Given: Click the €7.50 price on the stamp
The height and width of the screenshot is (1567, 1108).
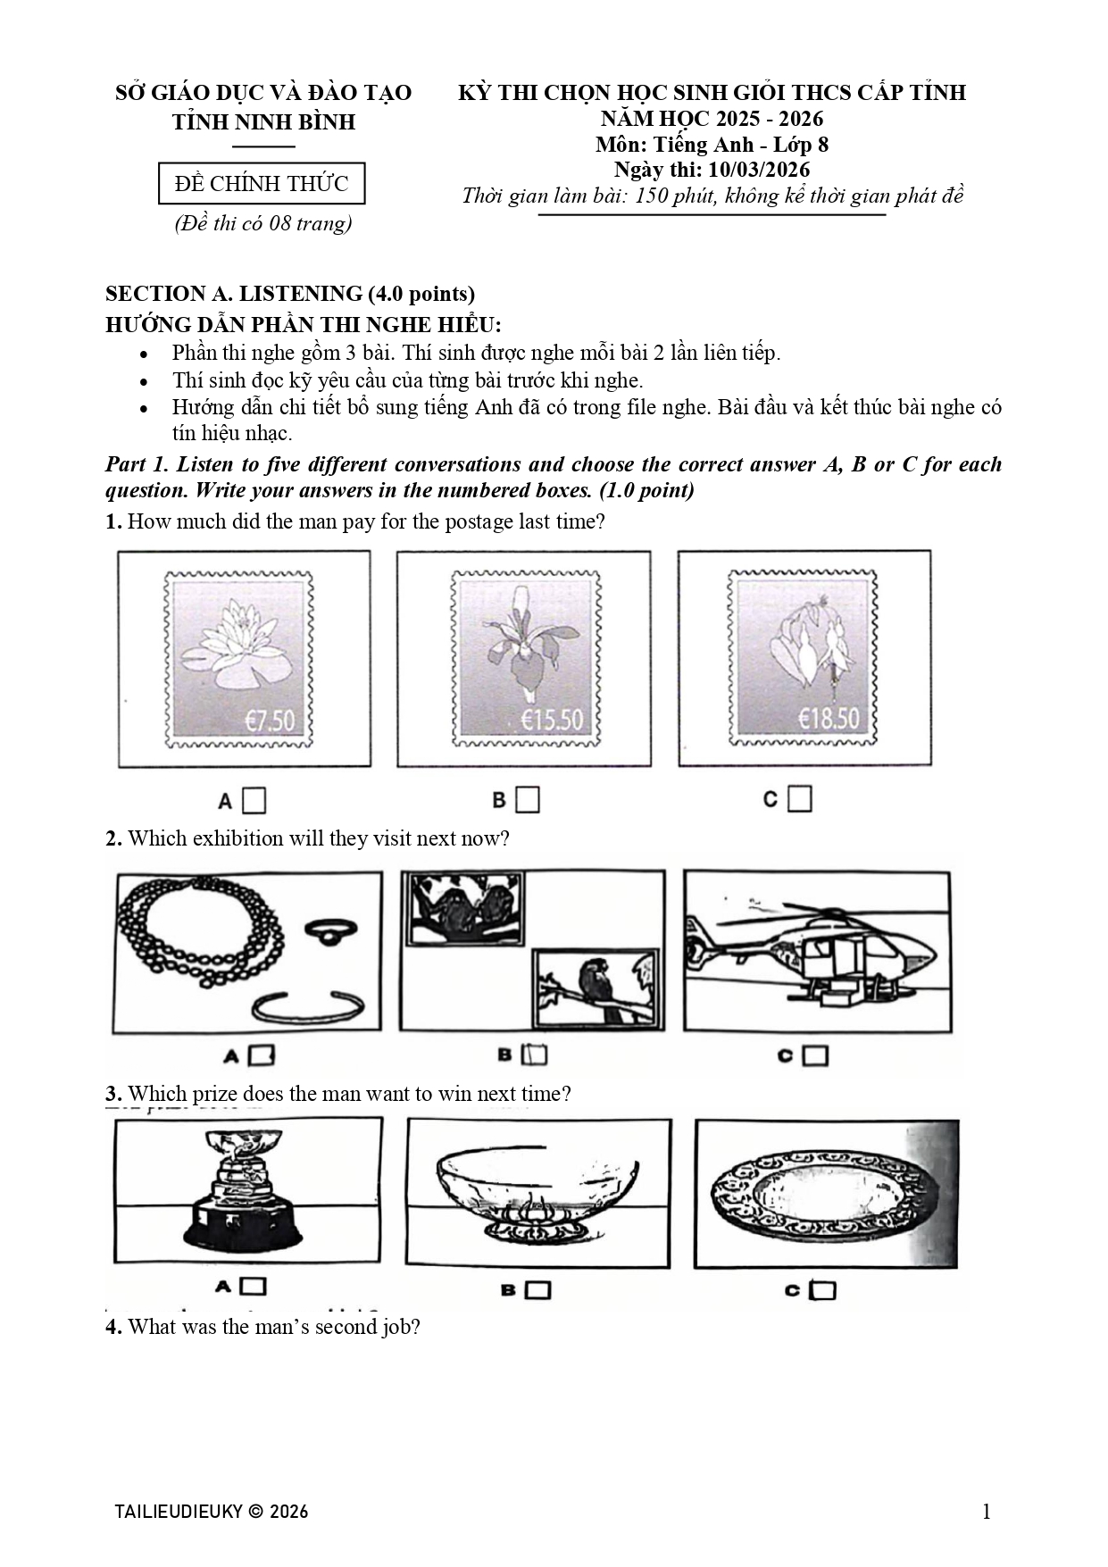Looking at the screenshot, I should tap(270, 720).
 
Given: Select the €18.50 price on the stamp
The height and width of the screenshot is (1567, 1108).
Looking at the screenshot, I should tap(829, 719).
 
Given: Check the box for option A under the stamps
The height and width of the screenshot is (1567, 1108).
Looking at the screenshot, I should tap(254, 801).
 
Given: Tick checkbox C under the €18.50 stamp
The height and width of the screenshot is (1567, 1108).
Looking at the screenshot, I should tap(800, 799).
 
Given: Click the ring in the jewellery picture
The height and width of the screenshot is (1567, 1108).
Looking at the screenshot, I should tap(331, 931).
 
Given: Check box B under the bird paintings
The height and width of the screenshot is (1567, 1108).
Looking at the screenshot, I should tap(535, 1054).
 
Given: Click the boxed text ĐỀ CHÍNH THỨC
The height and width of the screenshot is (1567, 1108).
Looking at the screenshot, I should tap(262, 184).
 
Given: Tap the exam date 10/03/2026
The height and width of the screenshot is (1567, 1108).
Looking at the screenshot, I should tap(759, 170).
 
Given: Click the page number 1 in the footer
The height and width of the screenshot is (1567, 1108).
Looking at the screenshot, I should tap(987, 1511).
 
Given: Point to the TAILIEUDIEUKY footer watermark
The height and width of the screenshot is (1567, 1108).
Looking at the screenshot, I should tap(212, 1511).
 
